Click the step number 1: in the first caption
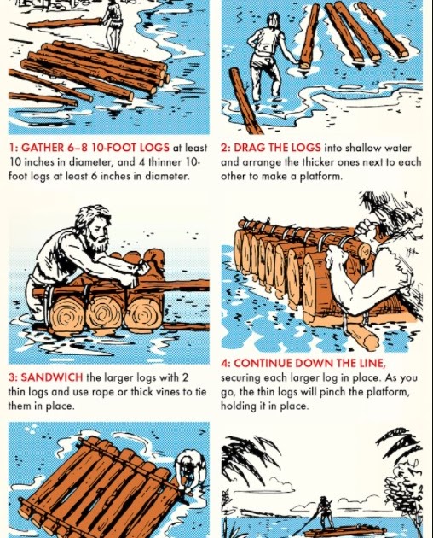coord(14,147)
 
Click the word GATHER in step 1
coord(43,147)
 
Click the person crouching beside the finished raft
coord(188,473)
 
